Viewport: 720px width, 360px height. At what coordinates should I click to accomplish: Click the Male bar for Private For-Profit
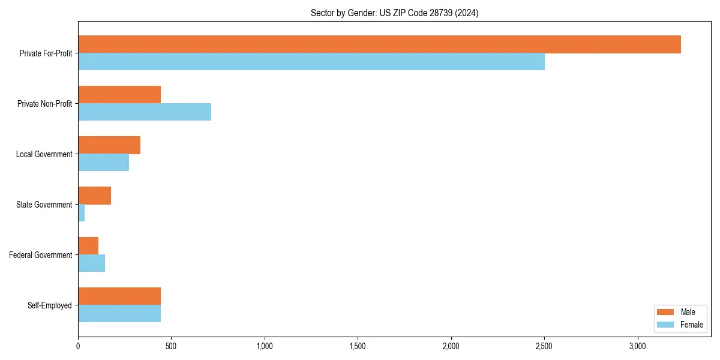(379, 44)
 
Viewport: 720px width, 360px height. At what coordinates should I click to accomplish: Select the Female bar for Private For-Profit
(311, 62)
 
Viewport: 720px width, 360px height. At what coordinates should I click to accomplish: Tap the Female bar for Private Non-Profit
(144, 112)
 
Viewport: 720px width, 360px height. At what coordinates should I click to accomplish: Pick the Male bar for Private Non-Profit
(119, 95)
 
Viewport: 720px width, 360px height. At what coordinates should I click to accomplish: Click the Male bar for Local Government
(109, 145)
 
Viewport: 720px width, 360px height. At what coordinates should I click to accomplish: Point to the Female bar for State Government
(82, 213)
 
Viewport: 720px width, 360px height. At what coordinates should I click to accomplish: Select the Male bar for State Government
(94, 196)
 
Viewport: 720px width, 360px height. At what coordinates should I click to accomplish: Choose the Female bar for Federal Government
(91, 263)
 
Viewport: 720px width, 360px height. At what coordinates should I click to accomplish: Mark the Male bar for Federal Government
(88, 246)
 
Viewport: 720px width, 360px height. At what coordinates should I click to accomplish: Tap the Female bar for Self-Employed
(119, 314)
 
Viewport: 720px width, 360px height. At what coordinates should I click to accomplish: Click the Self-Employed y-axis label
(49, 305)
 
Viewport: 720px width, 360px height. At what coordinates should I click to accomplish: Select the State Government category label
(44, 205)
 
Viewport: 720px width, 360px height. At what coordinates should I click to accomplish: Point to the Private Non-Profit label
(44, 104)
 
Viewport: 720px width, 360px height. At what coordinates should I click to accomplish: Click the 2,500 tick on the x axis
(544, 346)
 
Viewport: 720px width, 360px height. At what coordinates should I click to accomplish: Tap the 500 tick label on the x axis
(171, 346)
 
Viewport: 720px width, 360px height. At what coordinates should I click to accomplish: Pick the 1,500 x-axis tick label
(358, 346)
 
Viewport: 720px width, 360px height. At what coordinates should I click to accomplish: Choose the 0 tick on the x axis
(78, 346)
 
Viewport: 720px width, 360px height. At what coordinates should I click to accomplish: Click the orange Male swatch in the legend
(665, 312)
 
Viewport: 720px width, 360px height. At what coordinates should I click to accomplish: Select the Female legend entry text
(691, 325)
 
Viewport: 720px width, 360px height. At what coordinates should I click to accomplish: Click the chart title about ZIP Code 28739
(394, 13)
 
